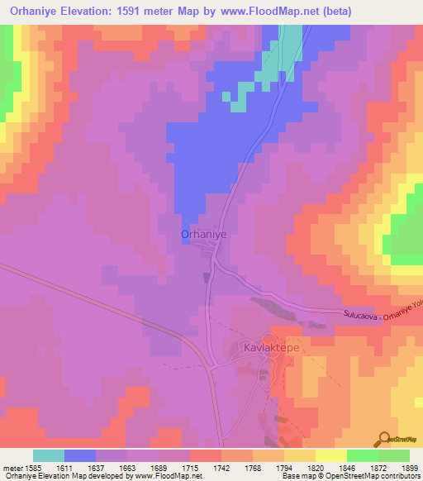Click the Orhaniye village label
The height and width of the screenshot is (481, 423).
203,235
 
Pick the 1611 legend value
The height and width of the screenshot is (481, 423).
79,467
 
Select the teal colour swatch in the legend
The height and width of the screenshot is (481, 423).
49,455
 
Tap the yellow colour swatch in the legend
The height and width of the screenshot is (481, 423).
331,455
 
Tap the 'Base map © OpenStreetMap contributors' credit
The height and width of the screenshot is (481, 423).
350,476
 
